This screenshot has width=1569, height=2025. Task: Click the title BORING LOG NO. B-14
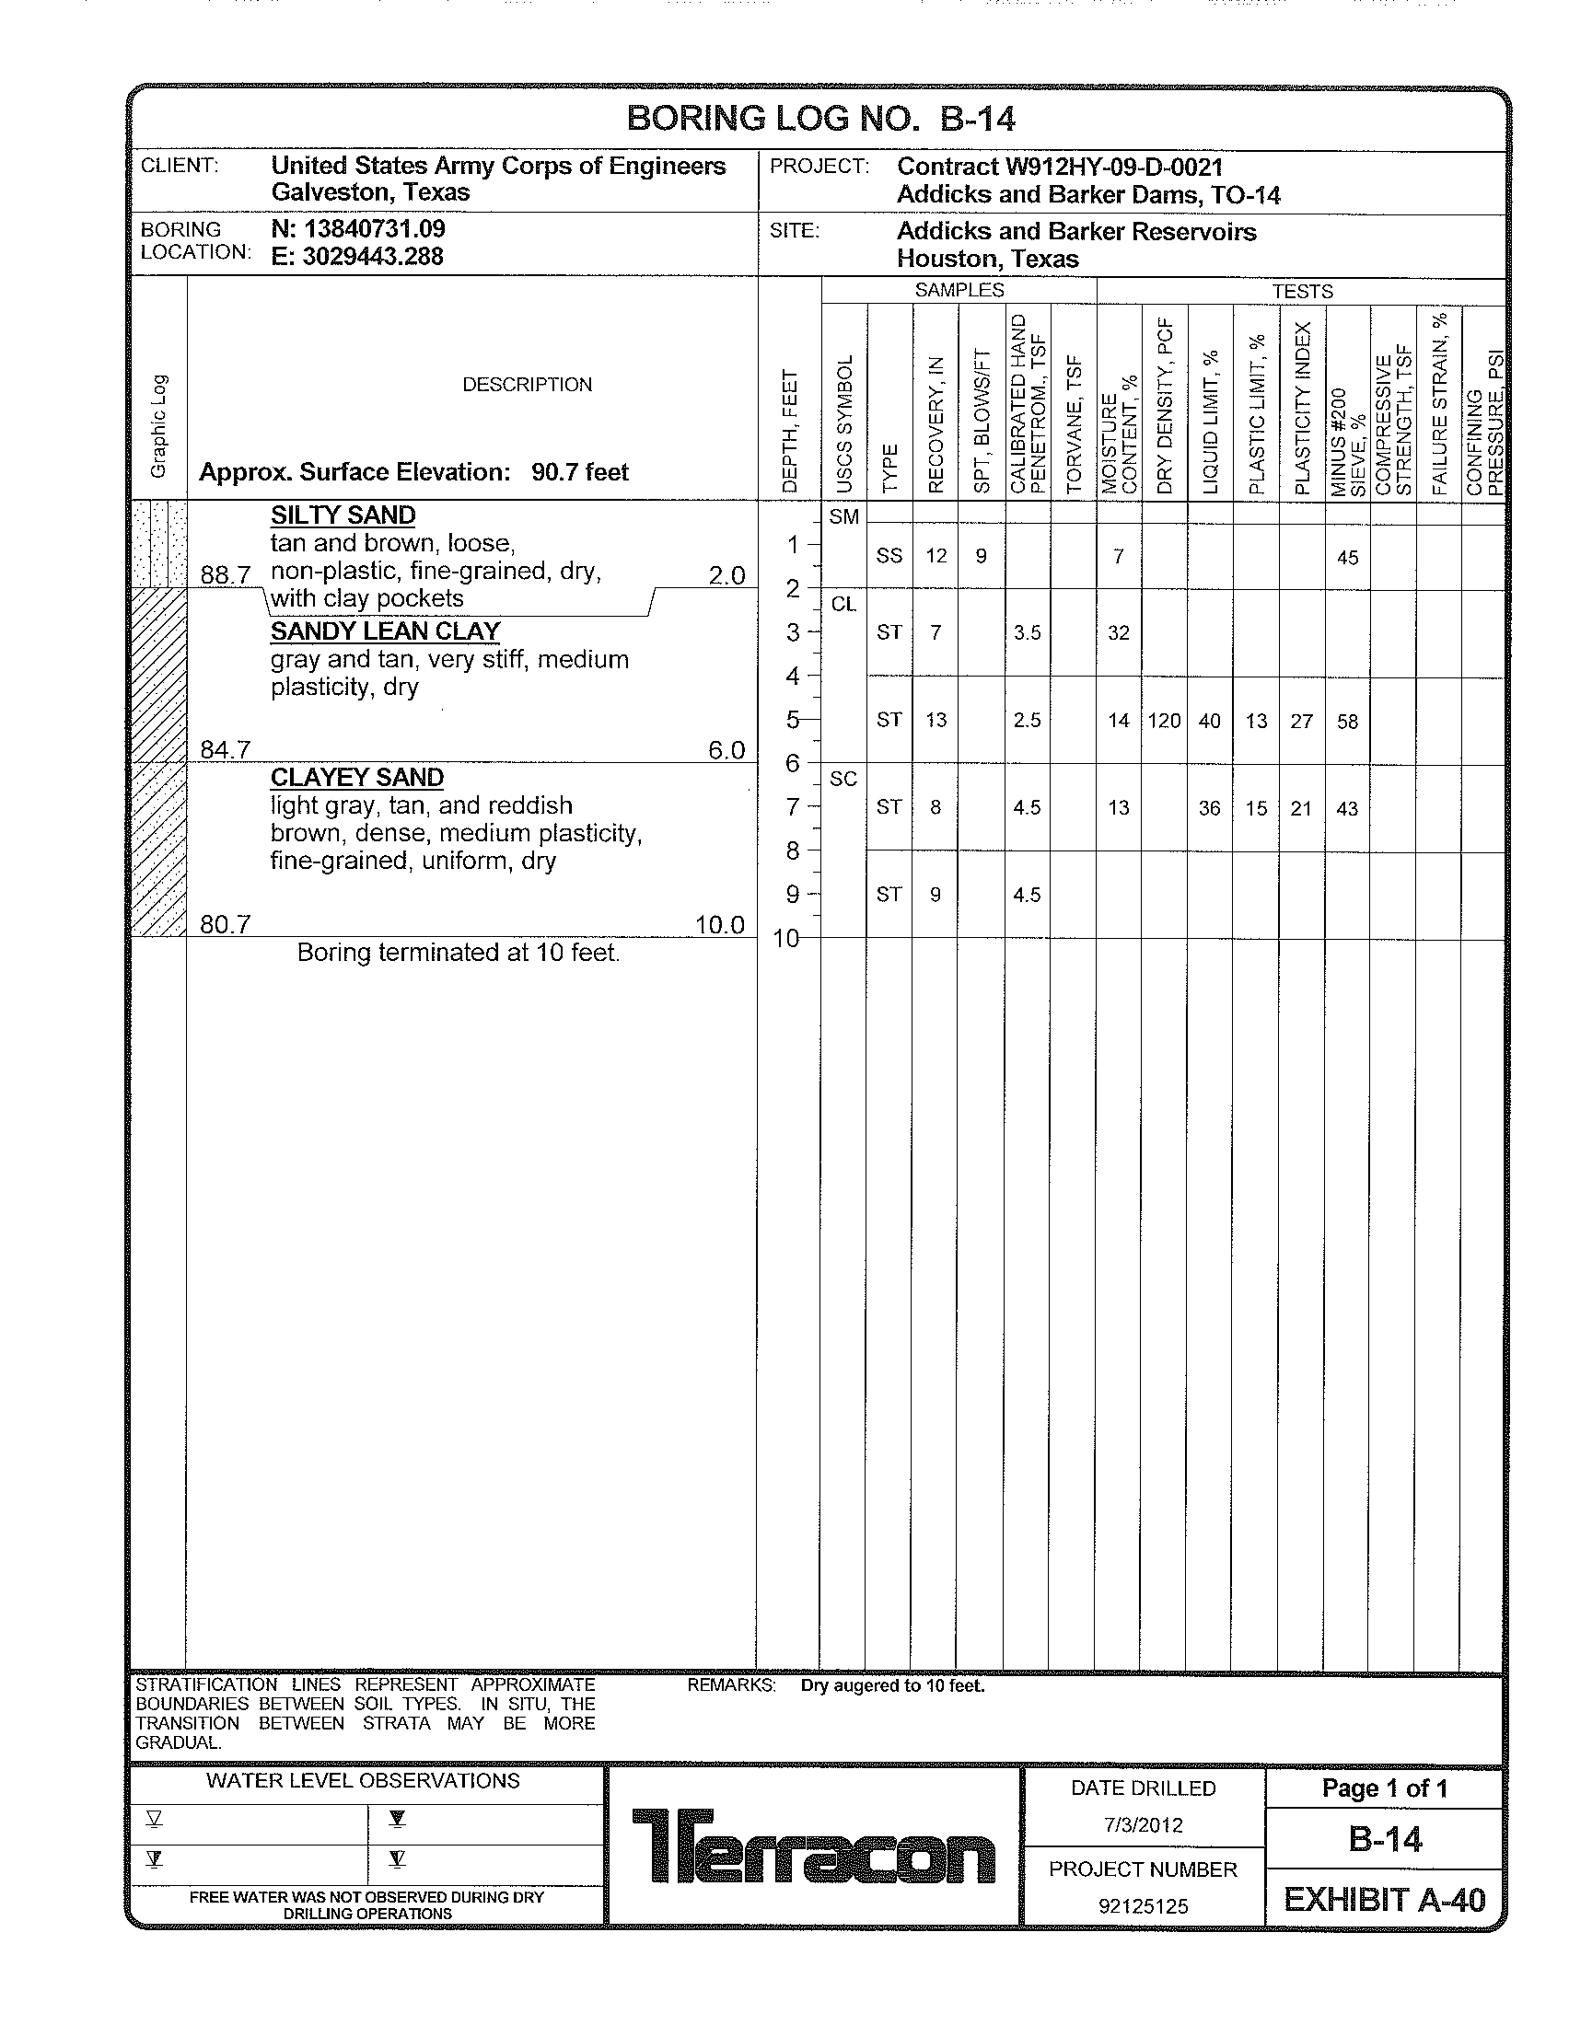(x=820, y=119)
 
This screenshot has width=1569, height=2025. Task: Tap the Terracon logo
(x=813, y=1846)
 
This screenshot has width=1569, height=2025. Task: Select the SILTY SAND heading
(x=343, y=515)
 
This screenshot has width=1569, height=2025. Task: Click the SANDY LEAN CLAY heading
(x=385, y=631)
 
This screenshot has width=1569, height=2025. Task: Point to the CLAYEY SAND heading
(x=357, y=778)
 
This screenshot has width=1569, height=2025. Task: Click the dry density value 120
(x=1164, y=721)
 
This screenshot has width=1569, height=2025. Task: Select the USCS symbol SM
(x=843, y=517)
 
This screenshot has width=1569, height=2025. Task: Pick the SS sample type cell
(x=889, y=556)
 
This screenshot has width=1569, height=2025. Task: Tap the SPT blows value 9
(x=980, y=556)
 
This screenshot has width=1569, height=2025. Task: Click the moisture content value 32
(x=1119, y=633)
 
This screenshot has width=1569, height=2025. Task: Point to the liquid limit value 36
(x=1209, y=808)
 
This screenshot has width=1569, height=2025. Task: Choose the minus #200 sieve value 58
(x=1347, y=722)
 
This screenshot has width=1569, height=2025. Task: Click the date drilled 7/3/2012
(x=1143, y=1825)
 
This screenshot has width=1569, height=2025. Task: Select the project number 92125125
(x=1143, y=1906)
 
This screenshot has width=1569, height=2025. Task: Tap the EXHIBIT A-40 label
(x=1385, y=1900)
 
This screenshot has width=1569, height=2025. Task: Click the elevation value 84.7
(x=226, y=749)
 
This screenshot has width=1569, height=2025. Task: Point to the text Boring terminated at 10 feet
(x=459, y=954)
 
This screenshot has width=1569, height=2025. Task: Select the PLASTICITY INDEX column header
(x=1302, y=408)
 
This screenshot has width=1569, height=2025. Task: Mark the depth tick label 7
(x=792, y=807)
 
